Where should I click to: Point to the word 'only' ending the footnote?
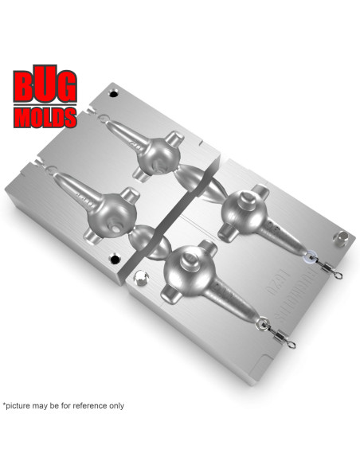click(114, 405)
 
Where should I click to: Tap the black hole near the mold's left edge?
click(114, 260)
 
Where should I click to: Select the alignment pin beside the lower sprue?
click(142, 278)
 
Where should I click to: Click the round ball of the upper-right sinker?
click(238, 210)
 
